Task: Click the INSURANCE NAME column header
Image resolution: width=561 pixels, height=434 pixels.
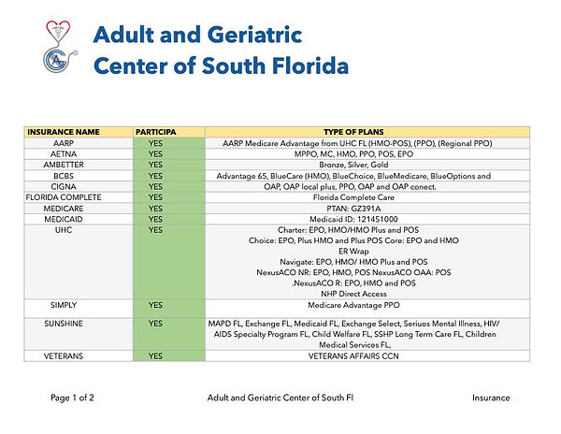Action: pyautogui.click(x=64, y=132)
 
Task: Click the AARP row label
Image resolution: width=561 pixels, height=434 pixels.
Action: pyautogui.click(x=64, y=142)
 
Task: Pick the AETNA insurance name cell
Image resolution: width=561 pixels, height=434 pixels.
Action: pyautogui.click(x=64, y=152)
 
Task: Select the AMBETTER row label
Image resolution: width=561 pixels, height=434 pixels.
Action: pyautogui.click(x=64, y=164)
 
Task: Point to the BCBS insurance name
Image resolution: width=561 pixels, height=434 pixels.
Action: pyautogui.click(x=64, y=175)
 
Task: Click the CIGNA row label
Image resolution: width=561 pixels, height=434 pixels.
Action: pyautogui.click(x=64, y=185)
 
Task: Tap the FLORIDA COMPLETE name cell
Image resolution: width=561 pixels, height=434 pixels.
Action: pyautogui.click(x=64, y=197)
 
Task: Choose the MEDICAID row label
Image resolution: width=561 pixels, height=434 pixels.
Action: pyautogui.click(x=64, y=219)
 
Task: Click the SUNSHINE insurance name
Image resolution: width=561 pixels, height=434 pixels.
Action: pyautogui.click(x=64, y=323)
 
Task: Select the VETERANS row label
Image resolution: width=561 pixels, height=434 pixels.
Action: pyautogui.click(x=64, y=356)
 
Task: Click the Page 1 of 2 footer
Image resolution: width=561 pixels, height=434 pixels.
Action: pyautogui.click(x=72, y=398)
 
